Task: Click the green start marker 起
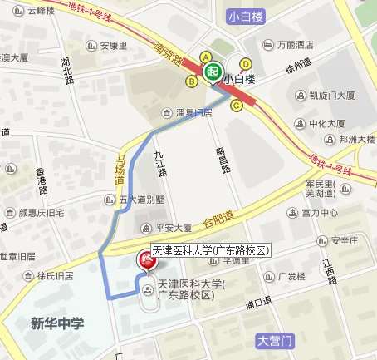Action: pyautogui.click(x=213, y=72)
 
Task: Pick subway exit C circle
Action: pyautogui.click(x=237, y=105)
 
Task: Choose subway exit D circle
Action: pyautogui.click(x=246, y=63)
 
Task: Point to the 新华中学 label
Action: pyautogui.click(x=57, y=323)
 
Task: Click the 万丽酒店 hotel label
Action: pyautogui.click(x=296, y=44)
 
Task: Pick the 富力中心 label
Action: pyautogui.click(x=319, y=213)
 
